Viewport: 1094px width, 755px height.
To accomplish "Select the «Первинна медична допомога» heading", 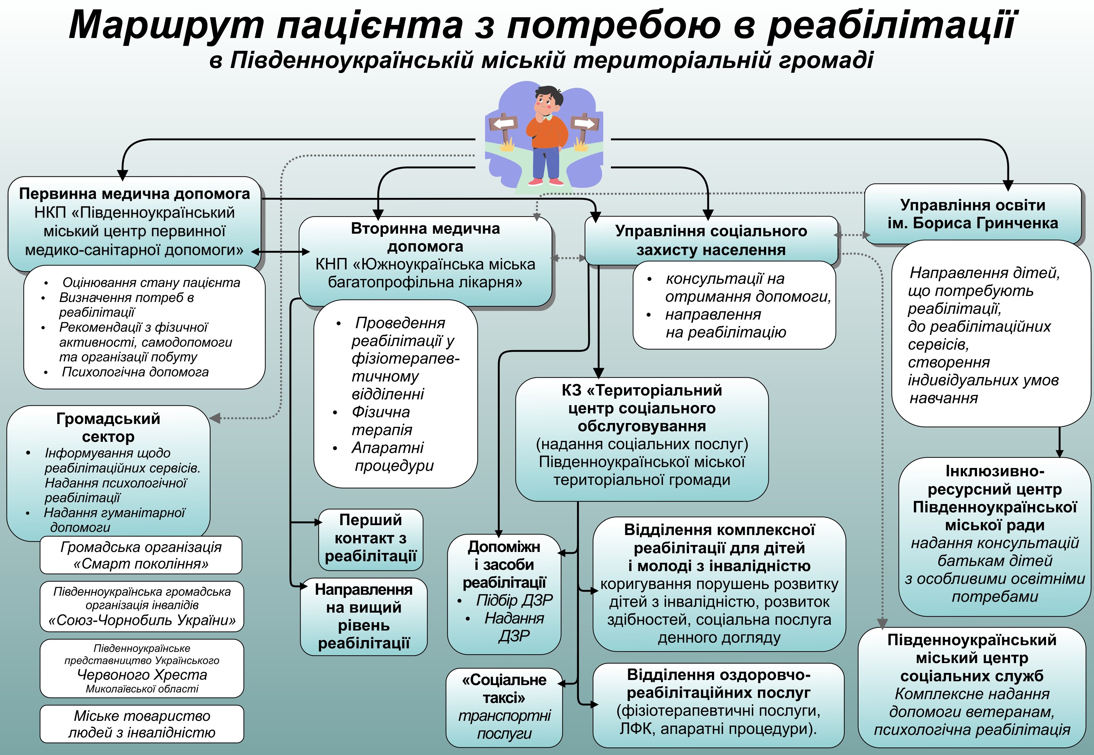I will [135, 193].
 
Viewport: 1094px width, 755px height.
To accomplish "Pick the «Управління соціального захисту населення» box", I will [711, 240].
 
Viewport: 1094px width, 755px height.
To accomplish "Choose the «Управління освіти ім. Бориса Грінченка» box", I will [973, 214].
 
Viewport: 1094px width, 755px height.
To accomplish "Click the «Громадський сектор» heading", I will [108, 427].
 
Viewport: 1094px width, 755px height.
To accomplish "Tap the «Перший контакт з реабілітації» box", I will [371, 538].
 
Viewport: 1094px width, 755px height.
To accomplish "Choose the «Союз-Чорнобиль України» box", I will [142, 606].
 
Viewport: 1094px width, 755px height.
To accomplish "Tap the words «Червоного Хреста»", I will [142, 675].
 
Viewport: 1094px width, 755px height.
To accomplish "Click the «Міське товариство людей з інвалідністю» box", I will [142, 724].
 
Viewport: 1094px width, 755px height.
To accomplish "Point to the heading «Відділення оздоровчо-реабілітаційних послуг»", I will [719, 683].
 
